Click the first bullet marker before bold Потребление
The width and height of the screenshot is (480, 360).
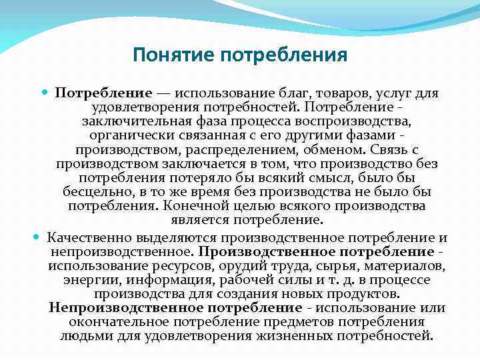point(45,93)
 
